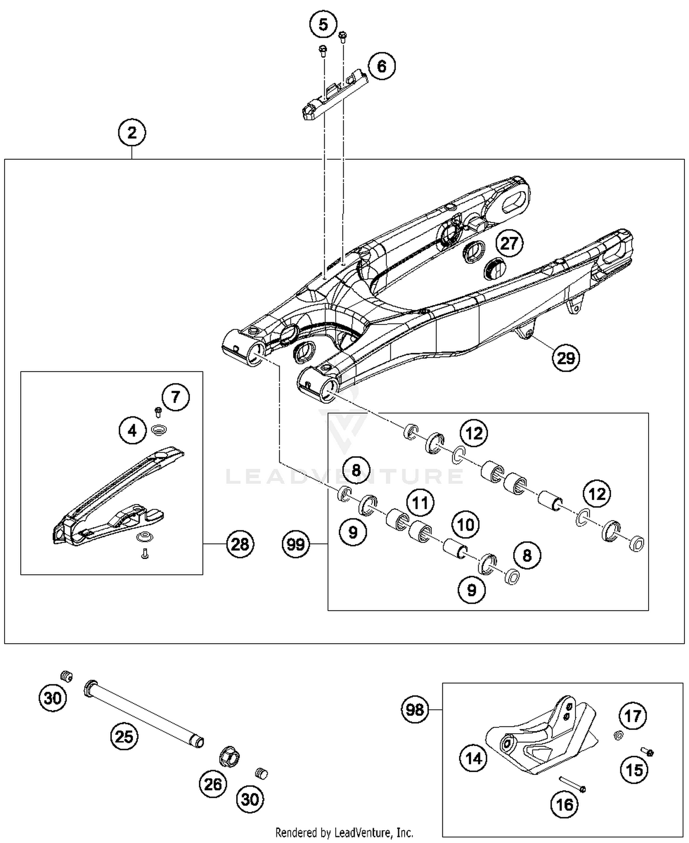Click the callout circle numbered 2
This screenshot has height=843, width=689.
[x=132, y=133]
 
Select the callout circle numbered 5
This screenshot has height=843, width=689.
[x=323, y=24]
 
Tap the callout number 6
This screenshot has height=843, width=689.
[x=382, y=67]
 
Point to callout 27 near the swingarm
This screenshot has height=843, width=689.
[x=509, y=243]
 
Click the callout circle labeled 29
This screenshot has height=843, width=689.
[x=566, y=358]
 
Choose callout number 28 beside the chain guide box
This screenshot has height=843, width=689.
[x=240, y=544]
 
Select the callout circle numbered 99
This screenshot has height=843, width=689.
[x=296, y=544]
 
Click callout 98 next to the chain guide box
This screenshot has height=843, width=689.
[x=415, y=710]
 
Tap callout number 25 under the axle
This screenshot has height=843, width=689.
[x=124, y=737]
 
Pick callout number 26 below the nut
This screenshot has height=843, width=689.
[x=213, y=784]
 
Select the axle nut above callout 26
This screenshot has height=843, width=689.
[x=229, y=757]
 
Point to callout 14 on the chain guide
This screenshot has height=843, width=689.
[x=474, y=758]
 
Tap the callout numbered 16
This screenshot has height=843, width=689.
[x=565, y=804]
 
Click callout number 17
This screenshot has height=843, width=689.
[x=633, y=716]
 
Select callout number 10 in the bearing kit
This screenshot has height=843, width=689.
[x=466, y=525]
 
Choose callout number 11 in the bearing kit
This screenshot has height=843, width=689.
[x=420, y=503]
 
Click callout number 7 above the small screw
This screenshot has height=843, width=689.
[x=175, y=397]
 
